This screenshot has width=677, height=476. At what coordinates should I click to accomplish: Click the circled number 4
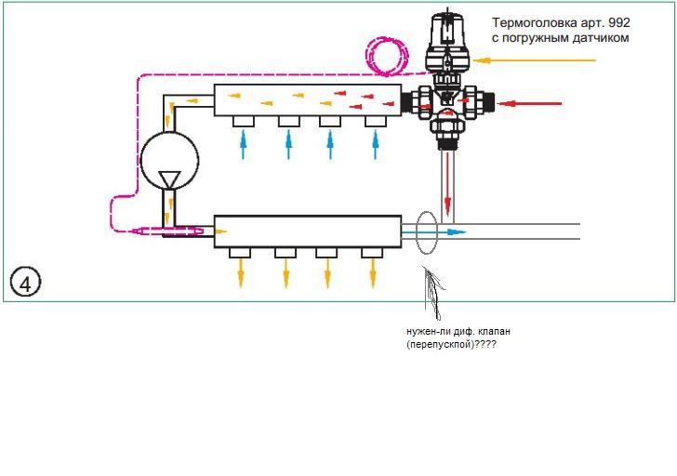coord(25,282)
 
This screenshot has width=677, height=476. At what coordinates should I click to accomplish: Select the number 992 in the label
coord(618,22)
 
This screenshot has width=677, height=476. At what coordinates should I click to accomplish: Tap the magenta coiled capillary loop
coord(387,57)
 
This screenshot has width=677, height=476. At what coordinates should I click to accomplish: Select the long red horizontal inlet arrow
coord(529,103)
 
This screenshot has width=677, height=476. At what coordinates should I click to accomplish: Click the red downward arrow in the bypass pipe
coord(448,184)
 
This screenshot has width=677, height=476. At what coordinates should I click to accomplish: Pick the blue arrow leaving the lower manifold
coord(433,232)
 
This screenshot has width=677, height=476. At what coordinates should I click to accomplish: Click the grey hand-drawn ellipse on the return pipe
coord(426,232)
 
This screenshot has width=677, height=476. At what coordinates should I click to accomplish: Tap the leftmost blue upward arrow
coord(243,145)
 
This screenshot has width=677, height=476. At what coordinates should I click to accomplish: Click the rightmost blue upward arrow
coord(375,145)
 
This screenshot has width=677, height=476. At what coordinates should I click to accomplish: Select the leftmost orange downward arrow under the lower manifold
coord(241,273)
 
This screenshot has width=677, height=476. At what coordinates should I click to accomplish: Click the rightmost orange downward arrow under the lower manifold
coord(373,273)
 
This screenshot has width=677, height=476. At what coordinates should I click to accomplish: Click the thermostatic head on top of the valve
coord(447,42)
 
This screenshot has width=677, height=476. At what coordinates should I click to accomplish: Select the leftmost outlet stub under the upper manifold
coord(244,121)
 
